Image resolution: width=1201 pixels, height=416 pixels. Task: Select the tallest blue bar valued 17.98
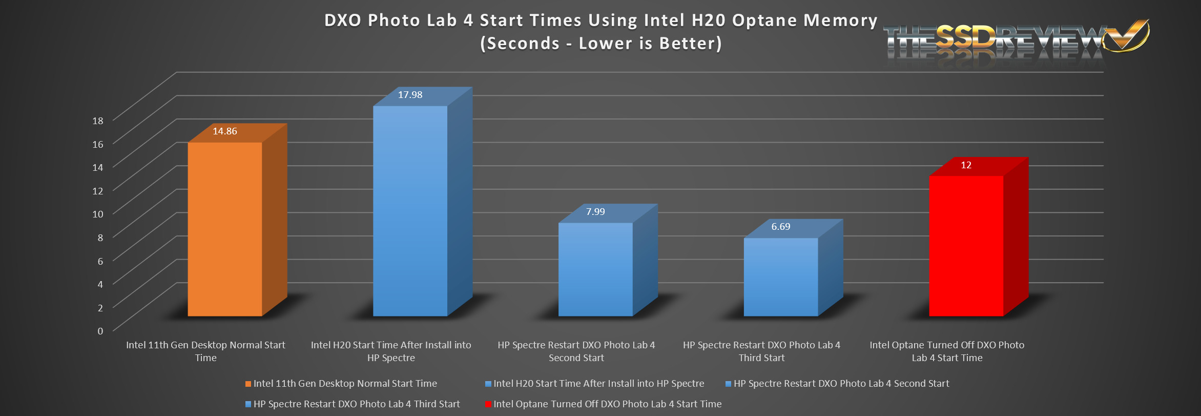pos(410,211)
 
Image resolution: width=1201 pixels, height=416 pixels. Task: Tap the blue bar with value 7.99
pos(595,269)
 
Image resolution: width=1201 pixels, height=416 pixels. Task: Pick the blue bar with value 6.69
pos(781,277)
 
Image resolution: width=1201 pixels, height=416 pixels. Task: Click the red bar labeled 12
pos(966,246)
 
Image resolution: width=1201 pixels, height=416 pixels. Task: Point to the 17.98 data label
pos(410,95)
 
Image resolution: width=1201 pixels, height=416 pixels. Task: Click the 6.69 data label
pos(781,227)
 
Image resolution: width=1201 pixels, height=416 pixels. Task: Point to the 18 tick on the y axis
pos(98,121)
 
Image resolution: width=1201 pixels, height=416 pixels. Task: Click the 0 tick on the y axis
pos(100,331)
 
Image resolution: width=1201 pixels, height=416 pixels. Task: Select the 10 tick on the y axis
pos(98,214)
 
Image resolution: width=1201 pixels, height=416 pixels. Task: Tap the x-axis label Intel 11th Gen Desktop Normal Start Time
pos(205,351)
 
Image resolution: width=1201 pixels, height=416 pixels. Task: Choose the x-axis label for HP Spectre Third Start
pos(761,351)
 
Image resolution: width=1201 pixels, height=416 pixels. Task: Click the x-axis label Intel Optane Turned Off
pos(947,351)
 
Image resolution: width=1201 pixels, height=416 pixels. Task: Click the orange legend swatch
pos(248,384)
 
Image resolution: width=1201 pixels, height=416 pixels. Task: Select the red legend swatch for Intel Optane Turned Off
pos(488,405)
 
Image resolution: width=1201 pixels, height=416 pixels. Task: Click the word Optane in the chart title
pos(764,21)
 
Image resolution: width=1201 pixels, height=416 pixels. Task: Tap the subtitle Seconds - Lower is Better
pos(600,44)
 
